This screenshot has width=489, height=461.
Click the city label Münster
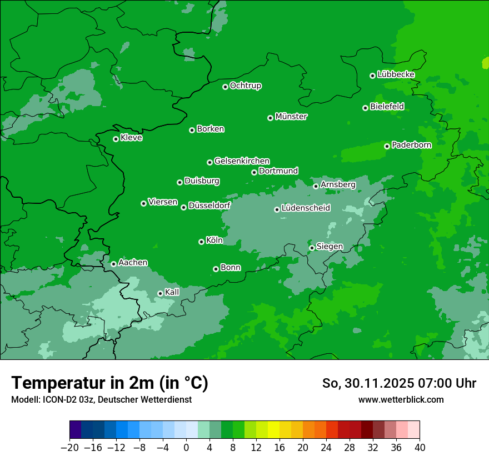click(291, 117)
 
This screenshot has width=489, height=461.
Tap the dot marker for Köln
click(201, 242)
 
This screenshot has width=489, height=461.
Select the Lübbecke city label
click(396, 74)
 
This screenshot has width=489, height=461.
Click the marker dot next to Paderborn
click(387, 146)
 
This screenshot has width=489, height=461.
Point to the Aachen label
click(133, 263)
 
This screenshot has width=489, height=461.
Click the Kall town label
click(172, 292)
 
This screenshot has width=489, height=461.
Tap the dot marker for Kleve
click(116, 139)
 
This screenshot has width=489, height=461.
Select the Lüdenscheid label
click(306, 208)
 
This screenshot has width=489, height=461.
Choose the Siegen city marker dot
click(312, 248)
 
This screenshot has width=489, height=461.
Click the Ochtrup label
click(245, 86)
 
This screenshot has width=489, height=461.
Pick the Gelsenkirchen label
click(242, 161)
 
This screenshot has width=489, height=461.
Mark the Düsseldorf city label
click(209, 206)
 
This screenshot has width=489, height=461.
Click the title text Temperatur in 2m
click(109, 383)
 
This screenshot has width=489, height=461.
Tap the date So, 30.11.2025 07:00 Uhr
click(399, 383)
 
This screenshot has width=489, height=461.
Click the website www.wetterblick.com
click(401, 399)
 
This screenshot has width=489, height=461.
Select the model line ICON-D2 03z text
click(101, 399)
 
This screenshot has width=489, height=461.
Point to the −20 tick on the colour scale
click(69, 448)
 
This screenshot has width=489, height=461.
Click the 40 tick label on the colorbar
click(420, 448)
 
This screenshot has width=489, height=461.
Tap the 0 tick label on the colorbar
click(186, 448)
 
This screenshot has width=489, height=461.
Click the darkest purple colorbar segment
click(76, 429)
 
